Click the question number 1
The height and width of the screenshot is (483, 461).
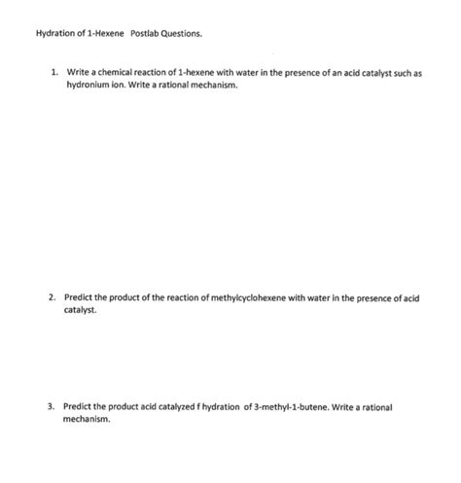click(54, 73)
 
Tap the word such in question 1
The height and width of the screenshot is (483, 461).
click(402, 73)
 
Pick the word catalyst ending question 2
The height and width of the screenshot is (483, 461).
click(80, 312)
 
